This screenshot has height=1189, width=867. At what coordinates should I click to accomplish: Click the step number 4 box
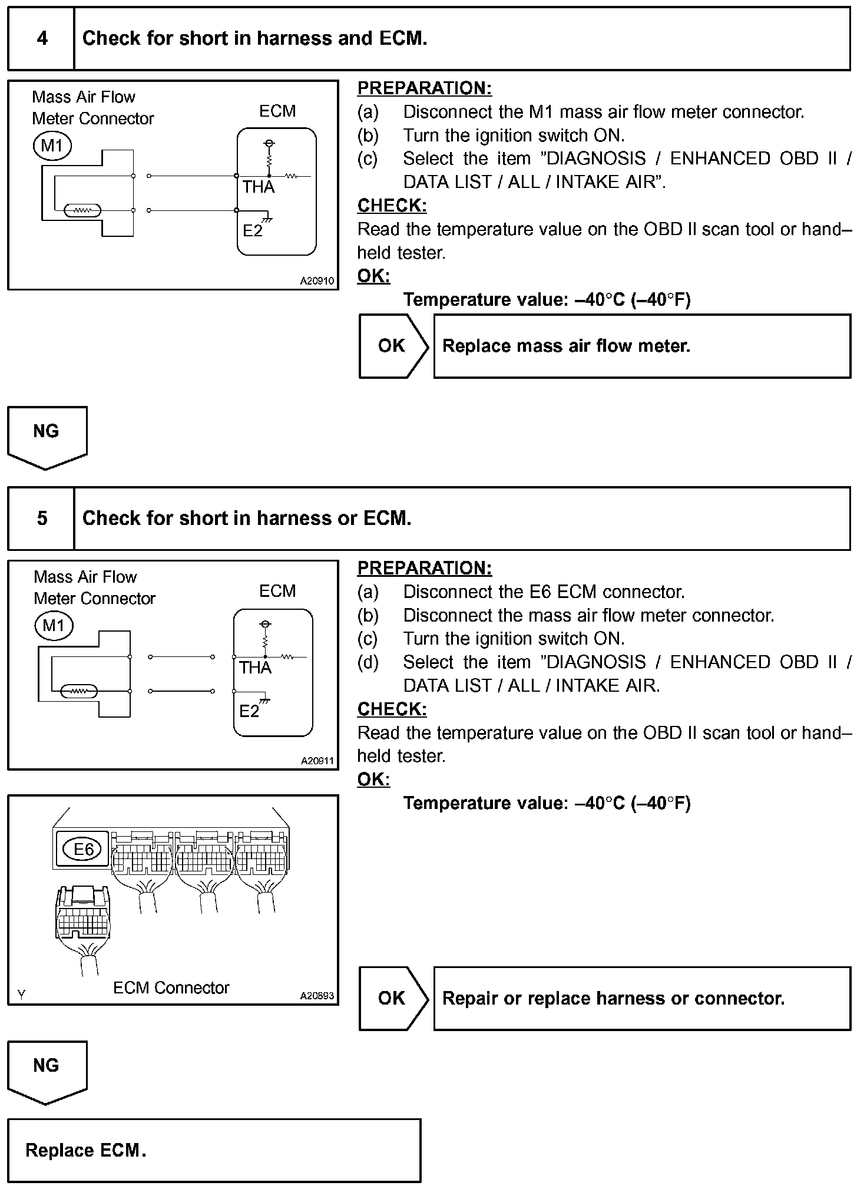pyautogui.click(x=41, y=39)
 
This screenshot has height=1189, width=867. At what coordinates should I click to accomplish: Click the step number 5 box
pyautogui.click(x=41, y=518)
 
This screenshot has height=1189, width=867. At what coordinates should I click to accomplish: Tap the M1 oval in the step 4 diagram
pyautogui.click(x=52, y=145)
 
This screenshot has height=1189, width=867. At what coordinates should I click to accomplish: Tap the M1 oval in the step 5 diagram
pyautogui.click(x=54, y=625)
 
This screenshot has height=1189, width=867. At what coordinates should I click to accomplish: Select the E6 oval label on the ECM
pyautogui.click(x=83, y=849)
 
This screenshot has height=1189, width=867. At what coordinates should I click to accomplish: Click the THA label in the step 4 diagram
pyautogui.click(x=258, y=187)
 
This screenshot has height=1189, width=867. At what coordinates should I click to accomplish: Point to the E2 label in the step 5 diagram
pyautogui.click(x=249, y=711)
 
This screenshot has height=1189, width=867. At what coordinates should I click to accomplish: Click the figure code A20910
pyautogui.click(x=317, y=281)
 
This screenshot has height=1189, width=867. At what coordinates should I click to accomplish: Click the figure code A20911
pyautogui.click(x=317, y=761)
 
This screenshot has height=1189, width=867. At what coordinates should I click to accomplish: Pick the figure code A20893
pyautogui.click(x=317, y=996)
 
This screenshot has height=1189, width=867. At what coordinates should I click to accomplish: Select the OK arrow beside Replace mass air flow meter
pyautogui.click(x=393, y=346)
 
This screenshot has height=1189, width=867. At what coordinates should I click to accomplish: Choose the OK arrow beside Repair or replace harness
pyautogui.click(x=393, y=998)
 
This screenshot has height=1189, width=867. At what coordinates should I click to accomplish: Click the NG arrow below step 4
pyautogui.click(x=47, y=436)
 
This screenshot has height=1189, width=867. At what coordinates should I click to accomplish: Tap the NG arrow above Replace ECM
pyautogui.click(x=47, y=1071)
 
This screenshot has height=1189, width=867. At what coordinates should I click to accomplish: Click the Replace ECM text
pyautogui.click(x=85, y=1150)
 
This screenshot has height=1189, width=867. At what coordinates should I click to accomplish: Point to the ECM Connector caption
pyautogui.click(x=171, y=988)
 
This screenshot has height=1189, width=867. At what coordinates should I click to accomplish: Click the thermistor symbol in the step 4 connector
pyautogui.click(x=82, y=210)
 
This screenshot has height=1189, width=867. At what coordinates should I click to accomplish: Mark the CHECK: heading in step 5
pyautogui.click(x=392, y=709)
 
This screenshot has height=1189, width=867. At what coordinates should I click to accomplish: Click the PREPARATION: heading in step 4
pyautogui.click(x=424, y=88)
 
